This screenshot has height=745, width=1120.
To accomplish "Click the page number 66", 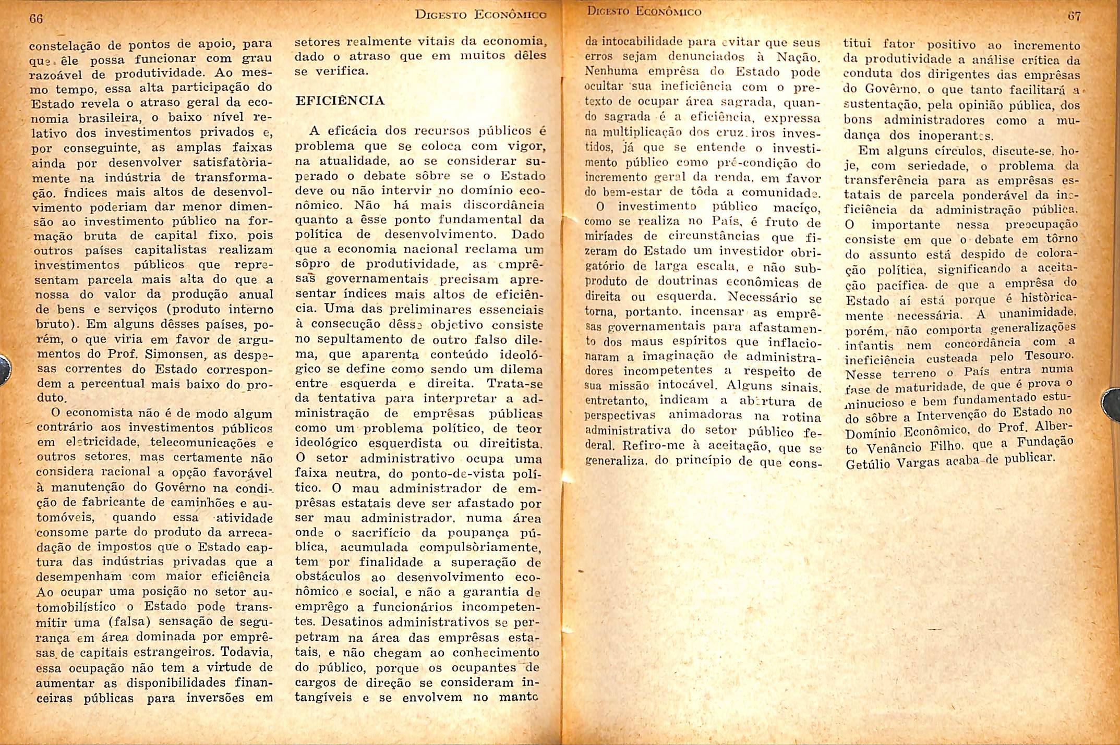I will pos(36,19).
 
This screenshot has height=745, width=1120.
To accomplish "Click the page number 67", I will pos(1074,16).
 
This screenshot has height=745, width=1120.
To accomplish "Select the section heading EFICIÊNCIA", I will pos(340,101).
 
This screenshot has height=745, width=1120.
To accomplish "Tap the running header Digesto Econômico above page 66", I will pos(480,15).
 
